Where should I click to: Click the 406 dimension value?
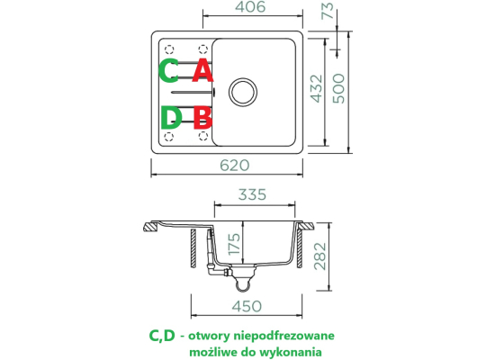[251, 7]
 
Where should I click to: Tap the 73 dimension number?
[328, 11]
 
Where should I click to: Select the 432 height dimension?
[317, 89]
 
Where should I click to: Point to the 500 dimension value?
[338, 88]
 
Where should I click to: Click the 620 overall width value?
[235, 166]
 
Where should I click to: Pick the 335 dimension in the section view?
[252, 194]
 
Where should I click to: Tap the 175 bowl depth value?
[234, 244]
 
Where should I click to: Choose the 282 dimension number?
[320, 256]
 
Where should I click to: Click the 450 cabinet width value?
[247, 306]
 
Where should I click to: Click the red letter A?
[202, 71]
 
